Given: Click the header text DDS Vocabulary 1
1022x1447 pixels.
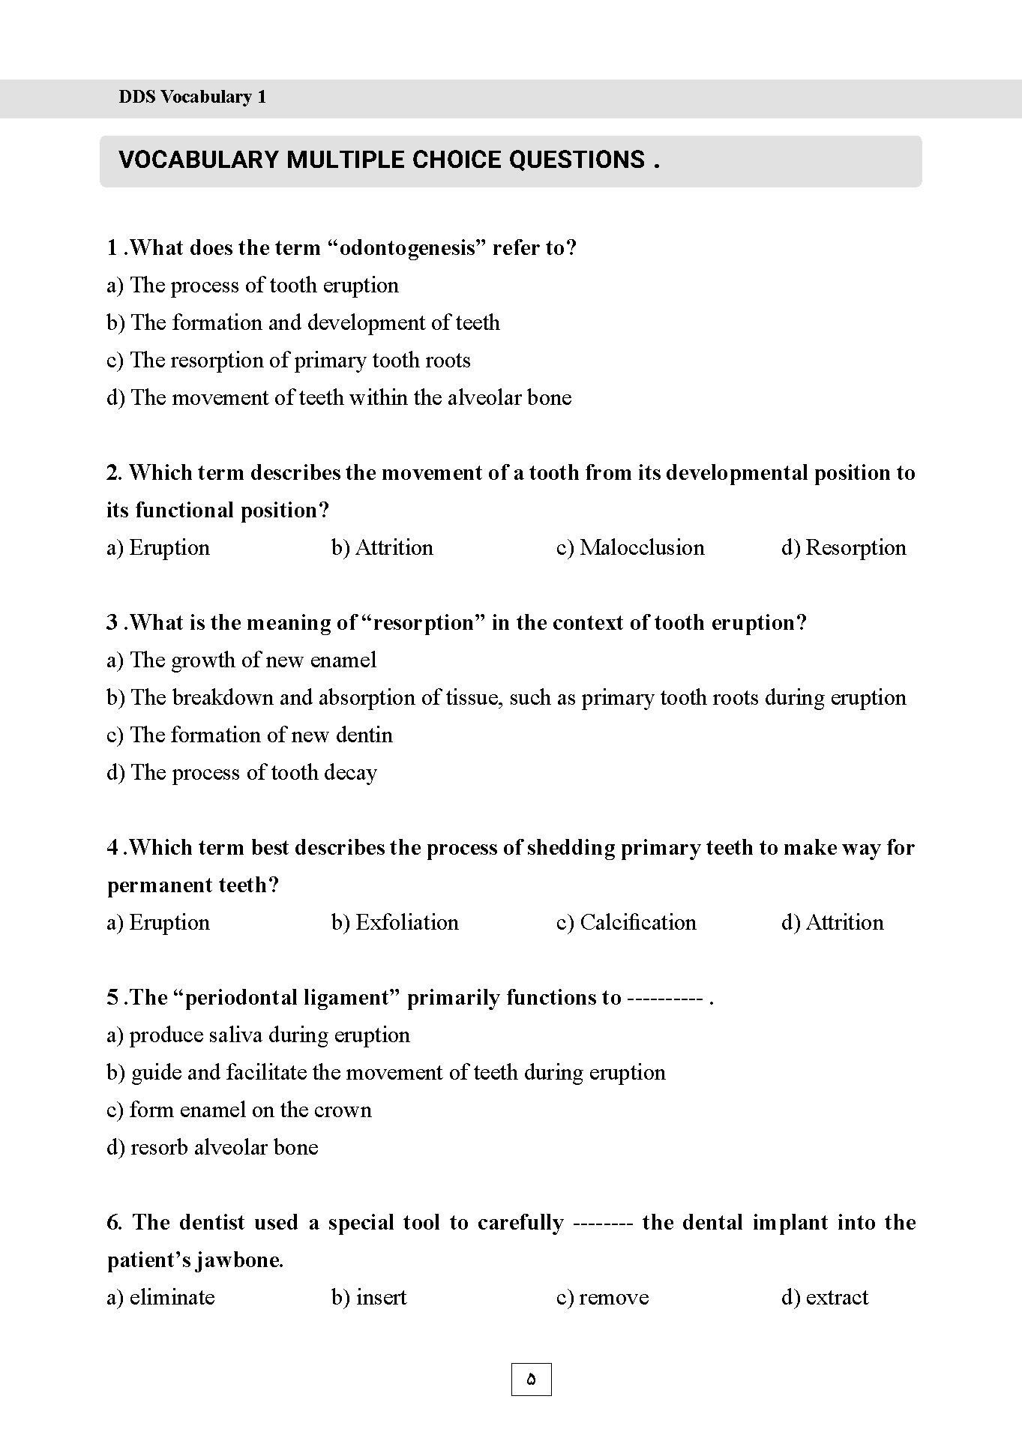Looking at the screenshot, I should pyautogui.click(x=192, y=97).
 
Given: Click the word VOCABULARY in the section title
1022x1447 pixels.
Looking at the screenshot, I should pyautogui.click(x=198, y=160).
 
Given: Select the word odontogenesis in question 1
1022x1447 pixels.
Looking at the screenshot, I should pyautogui.click(x=408, y=248).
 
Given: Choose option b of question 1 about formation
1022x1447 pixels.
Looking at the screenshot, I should pyautogui.click(x=303, y=323).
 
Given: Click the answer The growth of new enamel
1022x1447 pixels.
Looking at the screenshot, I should pyautogui.click(x=241, y=661).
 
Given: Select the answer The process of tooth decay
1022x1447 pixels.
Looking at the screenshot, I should pyautogui.click(x=241, y=773).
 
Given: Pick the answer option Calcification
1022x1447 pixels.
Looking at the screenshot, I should pyautogui.click(x=626, y=923).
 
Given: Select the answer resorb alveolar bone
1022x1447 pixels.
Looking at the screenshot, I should pyautogui.click(x=212, y=1148).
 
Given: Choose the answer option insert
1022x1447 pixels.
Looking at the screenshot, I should pyautogui.click(x=369, y=1298).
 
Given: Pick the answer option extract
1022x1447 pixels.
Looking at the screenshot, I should pyautogui.click(x=824, y=1298).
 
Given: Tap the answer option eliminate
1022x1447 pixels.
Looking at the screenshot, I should pyautogui.click(x=160, y=1298).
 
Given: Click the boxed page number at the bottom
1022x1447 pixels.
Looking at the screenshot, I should pyautogui.click(x=531, y=1379).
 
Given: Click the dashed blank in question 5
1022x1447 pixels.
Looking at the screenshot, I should pyautogui.click(x=664, y=999).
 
